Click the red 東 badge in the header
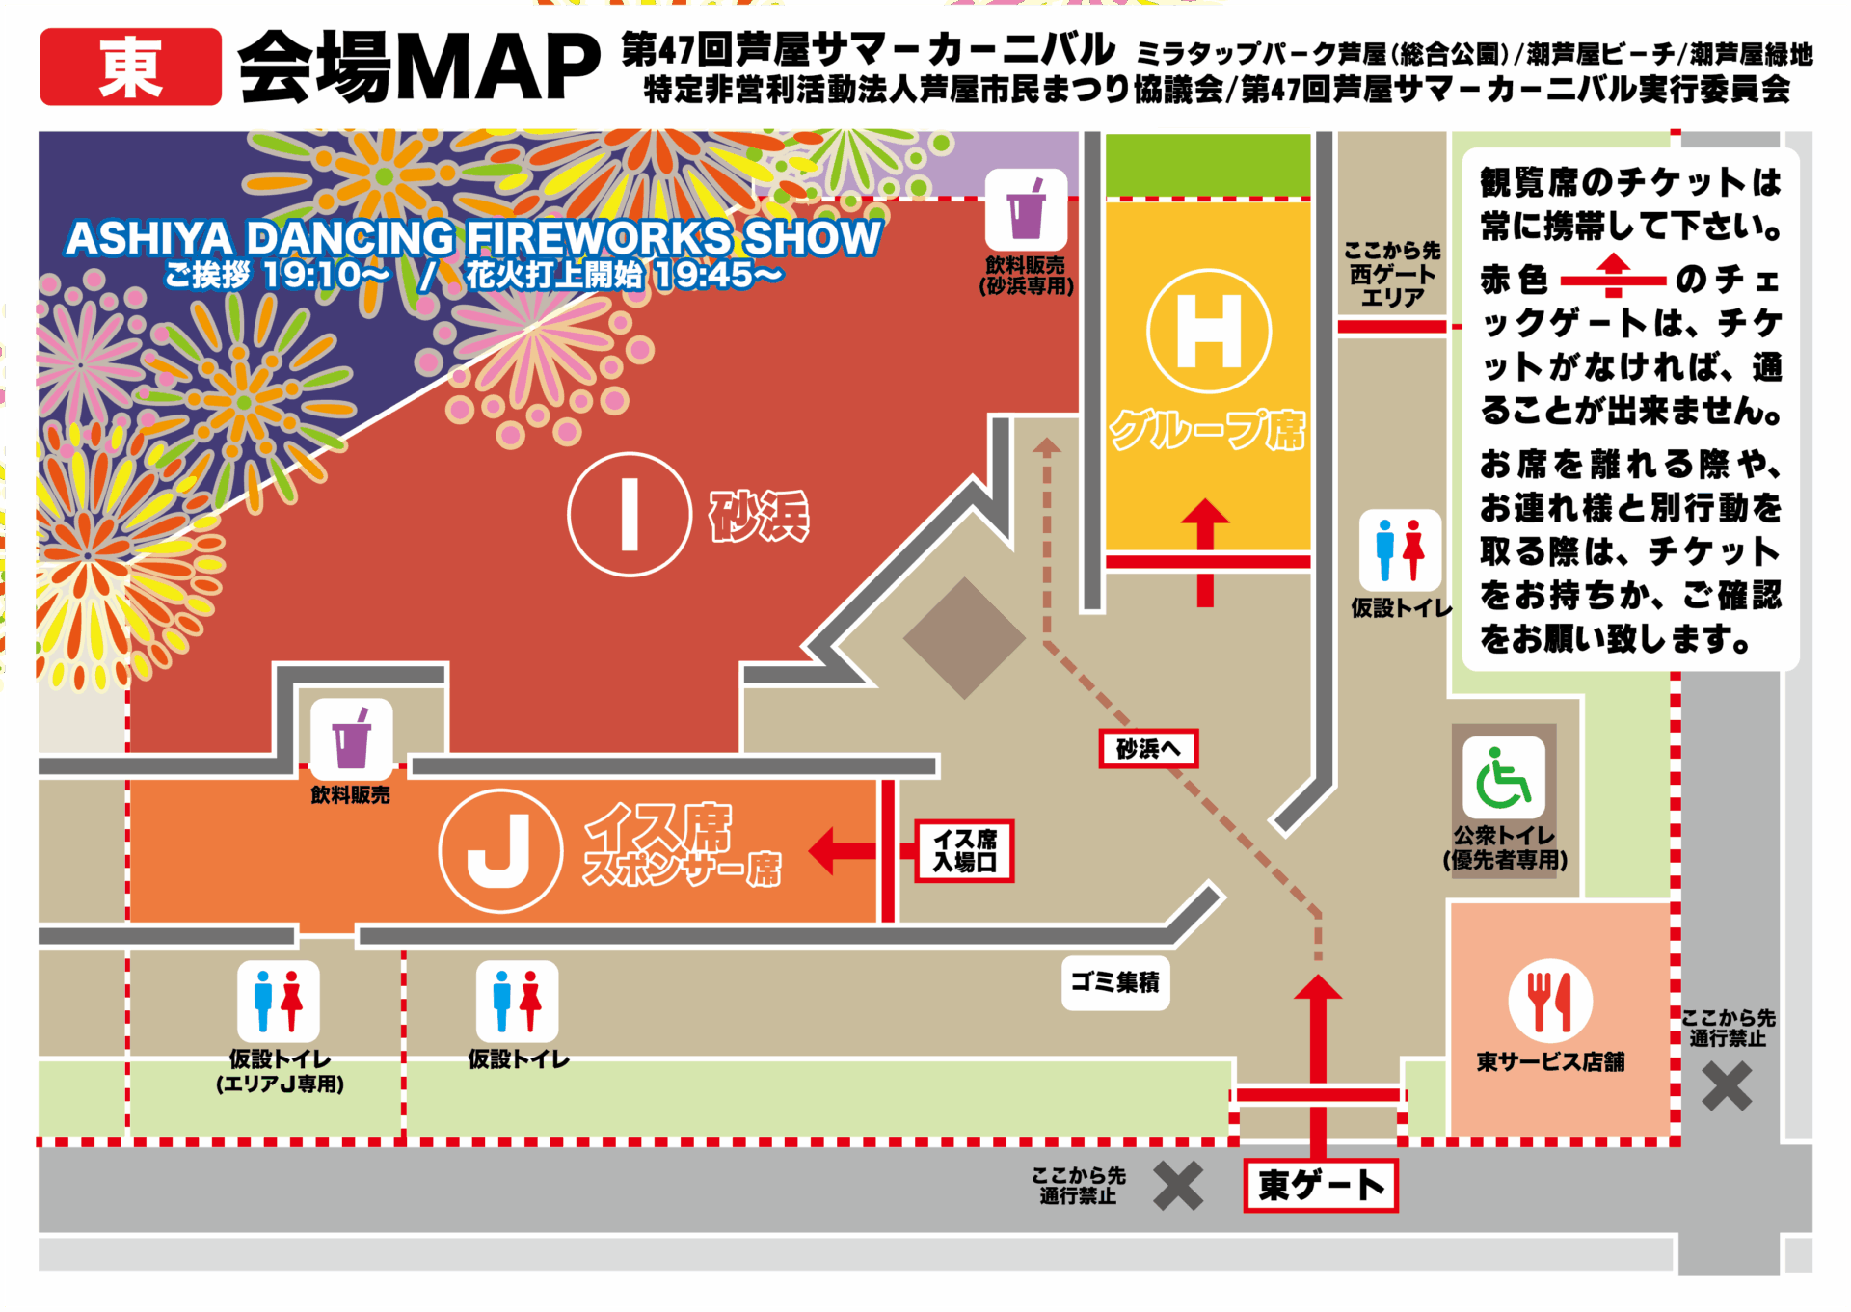pyautogui.click(x=130, y=67)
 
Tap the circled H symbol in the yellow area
pyautogui.click(x=1209, y=332)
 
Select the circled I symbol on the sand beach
pyautogui.click(x=630, y=515)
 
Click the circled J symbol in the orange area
pyautogui.click(x=500, y=850)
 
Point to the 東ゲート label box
pyautogui.click(x=1320, y=1185)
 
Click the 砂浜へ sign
pyautogui.click(x=1148, y=748)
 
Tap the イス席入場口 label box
pyautogui.click(x=964, y=850)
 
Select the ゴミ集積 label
pyautogui.click(x=1115, y=982)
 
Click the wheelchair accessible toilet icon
pyautogui.click(x=1503, y=778)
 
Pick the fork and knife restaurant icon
pyautogui.click(x=1549, y=1001)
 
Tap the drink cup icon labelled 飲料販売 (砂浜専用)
pyautogui.click(x=1026, y=210)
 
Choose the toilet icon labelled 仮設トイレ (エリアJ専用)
pyautogui.click(x=279, y=1002)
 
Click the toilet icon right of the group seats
pyautogui.click(x=1400, y=550)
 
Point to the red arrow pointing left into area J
pyautogui.click(x=842, y=850)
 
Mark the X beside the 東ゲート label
pyautogui.click(x=1178, y=1185)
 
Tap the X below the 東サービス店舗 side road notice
pyautogui.click(x=1726, y=1086)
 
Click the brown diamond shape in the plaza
pyautogui.click(x=964, y=638)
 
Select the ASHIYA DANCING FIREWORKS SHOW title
pyautogui.click(x=472, y=237)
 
